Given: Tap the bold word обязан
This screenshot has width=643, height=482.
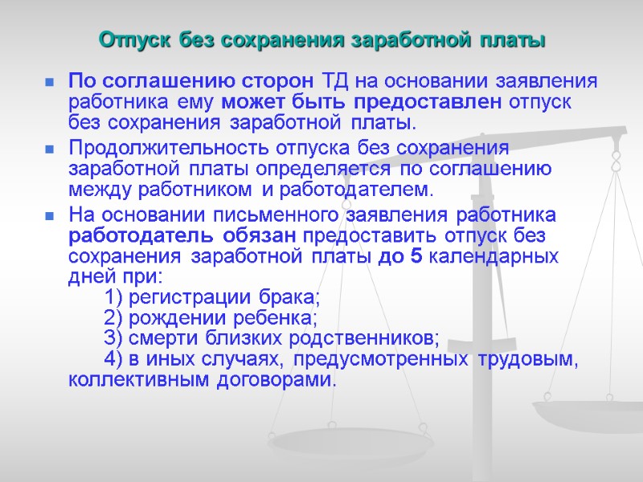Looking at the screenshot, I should pyautogui.click(x=258, y=236).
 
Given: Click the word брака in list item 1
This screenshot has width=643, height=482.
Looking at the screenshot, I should pyautogui.click(x=293, y=298).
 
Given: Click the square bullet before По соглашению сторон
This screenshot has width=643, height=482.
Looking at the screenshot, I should pyautogui.click(x=49, y=82).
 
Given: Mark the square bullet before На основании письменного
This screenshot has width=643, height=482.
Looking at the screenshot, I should pyautogui.click(x=49, y=216).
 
